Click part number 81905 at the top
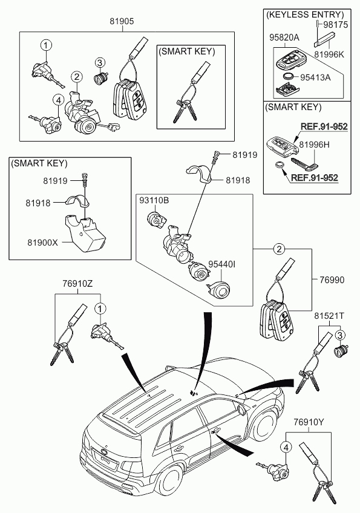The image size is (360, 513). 122,22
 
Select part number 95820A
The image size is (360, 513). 284,38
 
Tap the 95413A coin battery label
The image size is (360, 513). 316,77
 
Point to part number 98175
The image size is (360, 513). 336,25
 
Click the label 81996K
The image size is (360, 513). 329,54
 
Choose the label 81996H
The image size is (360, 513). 315,145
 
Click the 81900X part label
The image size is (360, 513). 42,243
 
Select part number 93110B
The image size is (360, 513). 154,200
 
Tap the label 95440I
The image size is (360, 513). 222,264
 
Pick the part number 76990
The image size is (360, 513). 332,279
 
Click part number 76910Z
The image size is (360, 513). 77,284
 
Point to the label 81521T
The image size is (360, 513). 329,316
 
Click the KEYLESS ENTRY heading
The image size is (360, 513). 305,15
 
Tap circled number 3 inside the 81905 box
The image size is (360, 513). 99,62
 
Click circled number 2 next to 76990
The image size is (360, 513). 279,249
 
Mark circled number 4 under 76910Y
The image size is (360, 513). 286,447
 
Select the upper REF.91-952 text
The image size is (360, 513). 324,126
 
